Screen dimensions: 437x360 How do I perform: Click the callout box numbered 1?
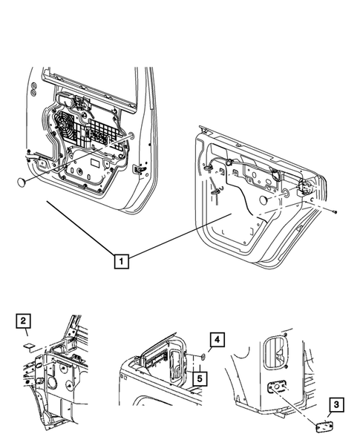click(120, 260)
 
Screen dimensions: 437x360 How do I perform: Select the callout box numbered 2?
click(24, 321)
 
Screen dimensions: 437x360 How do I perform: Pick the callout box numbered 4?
click(217, 341)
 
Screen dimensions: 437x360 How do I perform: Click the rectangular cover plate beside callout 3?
click(324, 426)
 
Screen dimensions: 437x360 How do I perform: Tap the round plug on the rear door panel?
click(264, 202)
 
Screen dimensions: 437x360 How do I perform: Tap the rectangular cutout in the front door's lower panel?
click(95, 161)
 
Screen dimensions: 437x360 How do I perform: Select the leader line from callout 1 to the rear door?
click(178, 236)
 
